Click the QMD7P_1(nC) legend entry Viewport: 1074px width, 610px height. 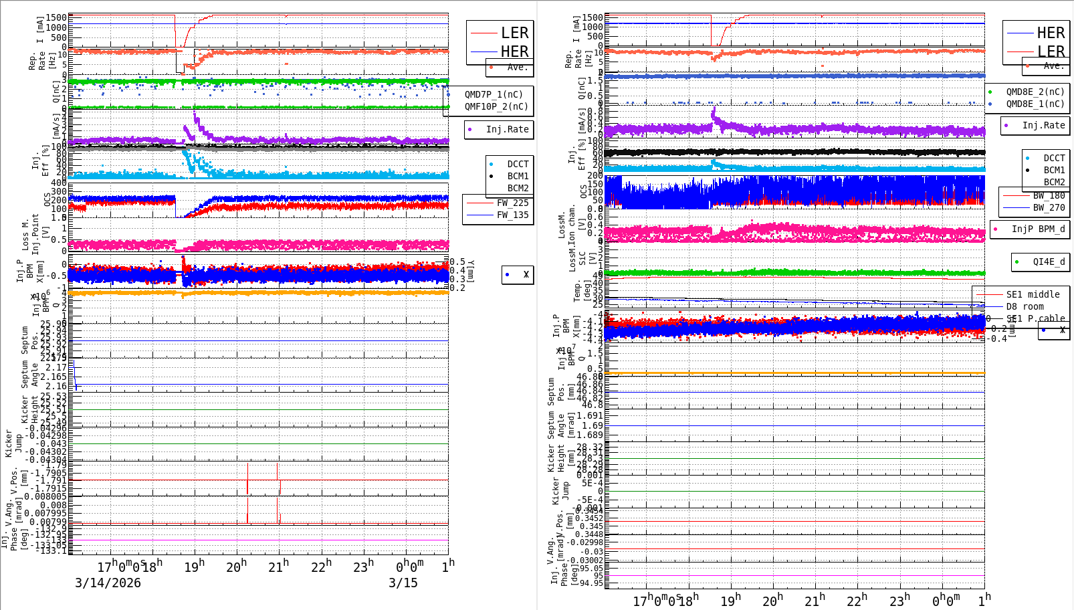pyautogui.click(x=494, y=94)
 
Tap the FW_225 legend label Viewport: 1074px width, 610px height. pyautogui.click(x=512, y=203)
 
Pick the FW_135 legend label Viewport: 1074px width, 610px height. pyautogui.click(x=512, y=215)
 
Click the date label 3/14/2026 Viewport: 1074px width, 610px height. pyautogui.click(x=108, y=583)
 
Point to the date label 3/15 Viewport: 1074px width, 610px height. pyautogui.click(x=403, y=583)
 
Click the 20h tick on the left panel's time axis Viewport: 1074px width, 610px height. pyautogui.click(x=236, y=567)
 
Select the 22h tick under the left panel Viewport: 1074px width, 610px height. pyautogui.click(x=321, y=567)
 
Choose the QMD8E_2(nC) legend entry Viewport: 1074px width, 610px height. pyautogui.click(x=1035, y=92)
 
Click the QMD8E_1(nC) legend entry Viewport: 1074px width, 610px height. pyautogui.click(x=1035, y=104)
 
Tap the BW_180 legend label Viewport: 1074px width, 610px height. pyautogui.click(x=1049, y=195)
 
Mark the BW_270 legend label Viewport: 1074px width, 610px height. pyautogui.click(x=1049, y=207)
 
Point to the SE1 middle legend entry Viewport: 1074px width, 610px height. pyautogui.click(x=1033, y=294)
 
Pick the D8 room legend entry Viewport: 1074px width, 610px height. pyautogui.click(x=1025, y=306)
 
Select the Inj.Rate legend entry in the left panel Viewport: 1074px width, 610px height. pyautogui.click(x=507, y=129)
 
